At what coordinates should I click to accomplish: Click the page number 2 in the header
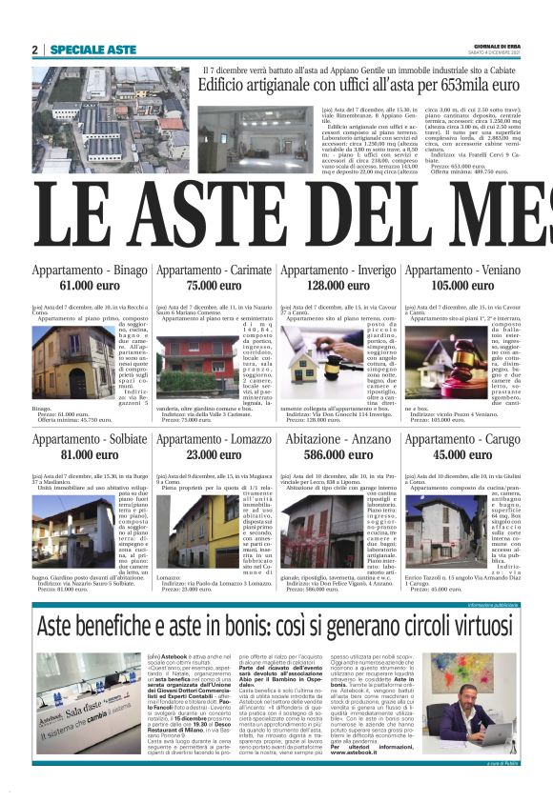click(35, 50)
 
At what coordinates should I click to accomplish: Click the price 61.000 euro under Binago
click(90, 285)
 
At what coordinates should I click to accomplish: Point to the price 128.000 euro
click(338, 285)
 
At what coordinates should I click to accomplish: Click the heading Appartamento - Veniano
click(461, 271)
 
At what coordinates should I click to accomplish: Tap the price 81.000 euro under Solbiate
click(90, 455)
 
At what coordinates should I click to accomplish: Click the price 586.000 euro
click(338, 455)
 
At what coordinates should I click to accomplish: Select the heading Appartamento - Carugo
click(461, 441)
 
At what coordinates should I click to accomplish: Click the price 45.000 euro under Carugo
click(461, 455)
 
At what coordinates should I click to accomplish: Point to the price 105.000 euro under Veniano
click(461, 285)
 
